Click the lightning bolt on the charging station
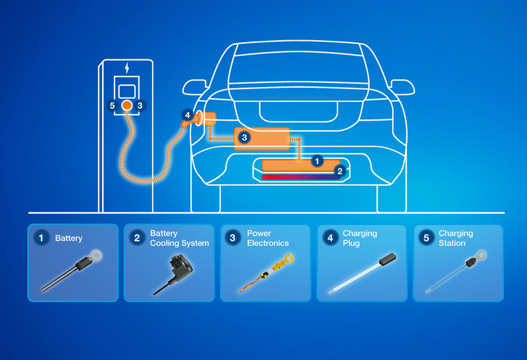127,68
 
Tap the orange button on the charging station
127,105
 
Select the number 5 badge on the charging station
113,105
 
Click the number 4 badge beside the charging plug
187,115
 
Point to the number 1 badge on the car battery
318,160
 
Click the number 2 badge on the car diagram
339,171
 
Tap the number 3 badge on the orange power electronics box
244,137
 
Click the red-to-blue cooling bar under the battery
300,177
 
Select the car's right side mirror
401,86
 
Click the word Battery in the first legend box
69,238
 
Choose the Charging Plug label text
360,238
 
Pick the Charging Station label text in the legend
455,238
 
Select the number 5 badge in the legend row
426,238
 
